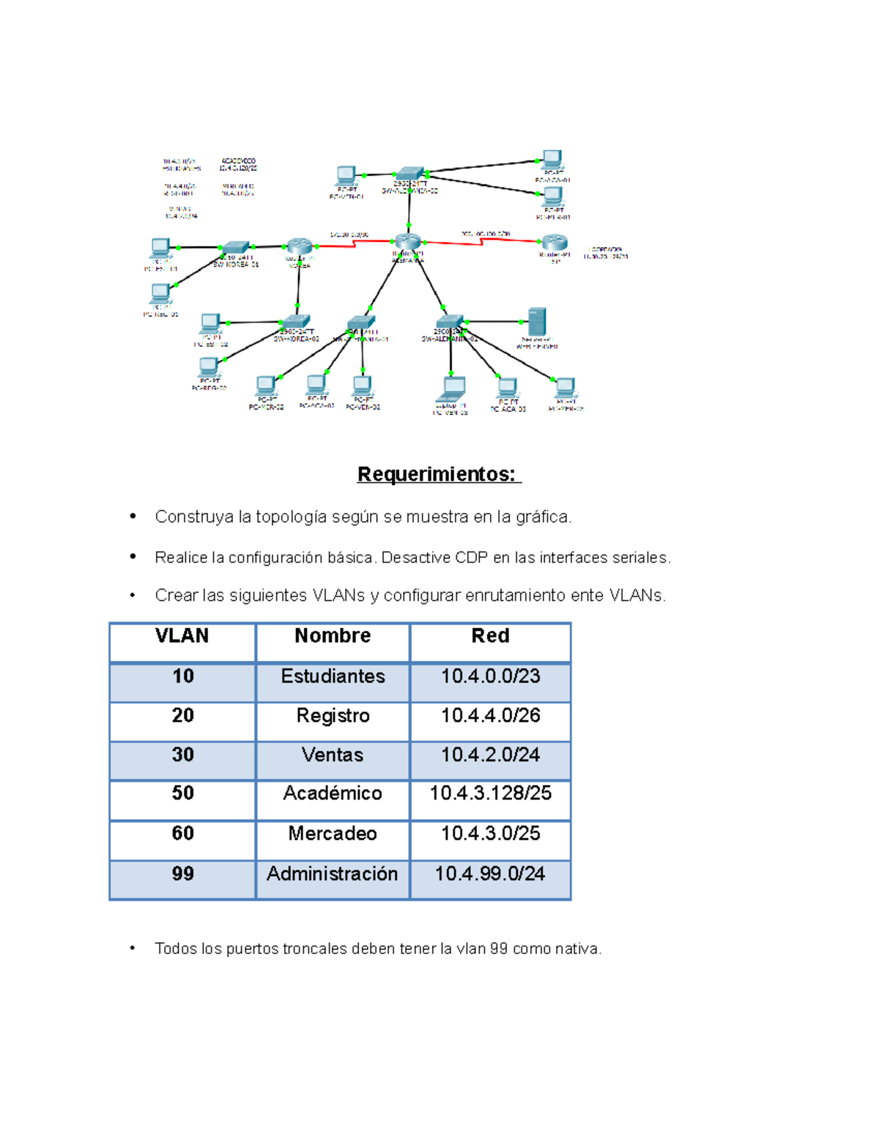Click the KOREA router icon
tap(299, 246)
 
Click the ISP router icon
tap(555, 243)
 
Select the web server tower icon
tap(537, 322)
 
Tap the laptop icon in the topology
tap(452, 388)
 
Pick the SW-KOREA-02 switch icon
tap(296, 321)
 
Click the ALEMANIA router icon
tap(407, 241)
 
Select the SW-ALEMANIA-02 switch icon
tap(449, 321)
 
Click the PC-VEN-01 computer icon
tap(346, 176)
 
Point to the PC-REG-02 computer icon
tap(209, 366)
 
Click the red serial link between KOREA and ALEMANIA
tap(355, 244)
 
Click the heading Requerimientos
tap(438, 474)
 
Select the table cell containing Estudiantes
tap(333, 676)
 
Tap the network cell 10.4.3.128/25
tap(490, 794)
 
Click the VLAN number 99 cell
tap(182, 874)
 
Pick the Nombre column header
tap(333, 636)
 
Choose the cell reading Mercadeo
tap(333, 834)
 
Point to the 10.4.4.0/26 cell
tap(490, 716)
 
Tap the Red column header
tap(490, 636)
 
